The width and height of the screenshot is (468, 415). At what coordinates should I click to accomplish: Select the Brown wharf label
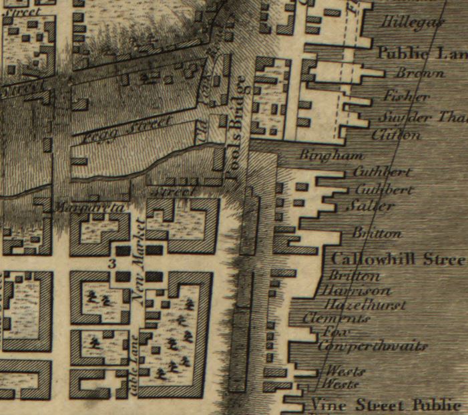(x=420, y=74)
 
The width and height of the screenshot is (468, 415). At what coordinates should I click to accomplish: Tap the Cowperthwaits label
(x=372, y=346)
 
